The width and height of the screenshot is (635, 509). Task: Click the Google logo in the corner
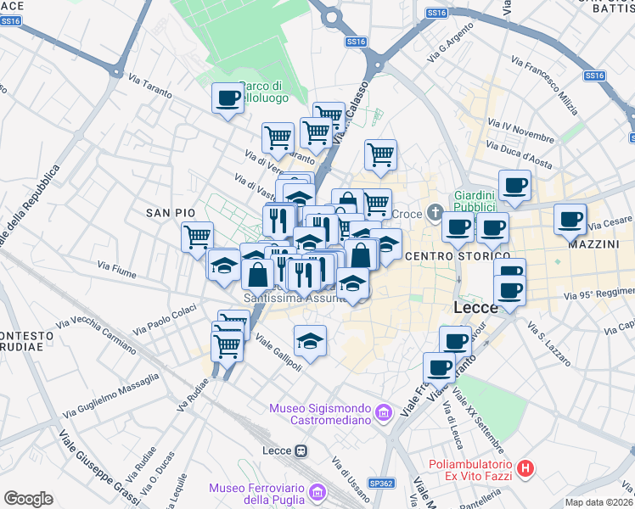coord(28,499)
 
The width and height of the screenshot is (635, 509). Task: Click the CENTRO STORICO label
coord(458,255)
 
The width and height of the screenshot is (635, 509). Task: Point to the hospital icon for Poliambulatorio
coord(526,467)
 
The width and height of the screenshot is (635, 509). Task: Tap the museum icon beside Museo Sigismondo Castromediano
coord(383,413)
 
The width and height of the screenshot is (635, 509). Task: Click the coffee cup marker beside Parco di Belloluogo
coord(227,98)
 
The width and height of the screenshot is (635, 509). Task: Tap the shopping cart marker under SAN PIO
coord(198,236)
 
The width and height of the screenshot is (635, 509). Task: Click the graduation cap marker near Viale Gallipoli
coord(310,341)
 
